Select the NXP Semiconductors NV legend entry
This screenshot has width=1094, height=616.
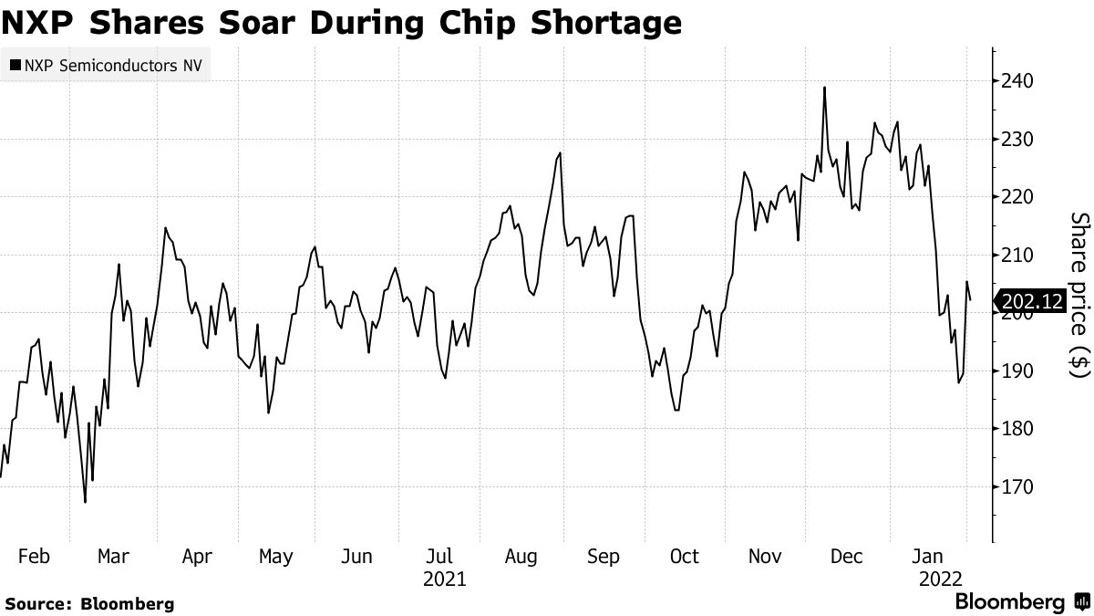pyautogui.click(x=104, y=65)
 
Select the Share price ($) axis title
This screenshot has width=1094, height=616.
pyautogui.click(x=1079, y=295)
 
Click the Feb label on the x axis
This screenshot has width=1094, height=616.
pyautogui.click(x=34, y=556)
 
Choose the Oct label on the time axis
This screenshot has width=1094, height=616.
pyautogui.click(x=684, y=556)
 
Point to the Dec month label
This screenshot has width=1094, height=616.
pyautogui.click(x=847, y=556)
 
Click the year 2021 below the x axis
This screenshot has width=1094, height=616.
pyautogui.click(x=445, y=579)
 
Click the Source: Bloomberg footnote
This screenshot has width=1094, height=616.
pyautogui.click(x=89, y=603)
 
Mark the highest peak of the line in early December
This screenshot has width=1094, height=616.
pyautogui.click(x=824, y=88)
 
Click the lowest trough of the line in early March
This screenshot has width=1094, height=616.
pyautogui.click(x=85, y=502)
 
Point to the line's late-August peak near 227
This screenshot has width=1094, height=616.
pyautogui.click(x=559, y=153)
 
